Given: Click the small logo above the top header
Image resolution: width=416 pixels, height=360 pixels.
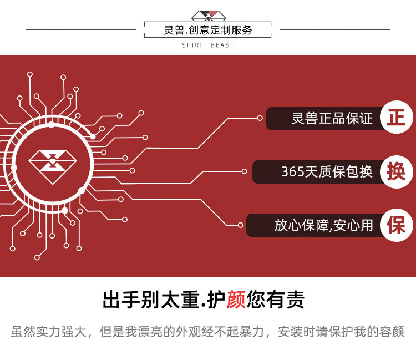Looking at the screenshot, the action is coord(208,16).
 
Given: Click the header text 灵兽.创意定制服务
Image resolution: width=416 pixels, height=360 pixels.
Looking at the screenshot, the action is coord(208,30).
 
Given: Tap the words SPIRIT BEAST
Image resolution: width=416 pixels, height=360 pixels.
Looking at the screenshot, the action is coord(208,45).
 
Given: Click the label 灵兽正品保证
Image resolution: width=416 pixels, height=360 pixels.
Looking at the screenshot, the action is coord(332,119).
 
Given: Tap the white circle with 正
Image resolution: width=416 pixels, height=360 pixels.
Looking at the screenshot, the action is coord(396,118).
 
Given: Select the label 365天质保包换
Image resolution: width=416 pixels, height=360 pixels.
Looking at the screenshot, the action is coord(327,172).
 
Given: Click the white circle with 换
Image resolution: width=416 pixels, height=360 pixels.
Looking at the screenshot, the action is coord(396,171).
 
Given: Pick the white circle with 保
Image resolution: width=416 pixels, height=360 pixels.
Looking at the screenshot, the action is coord(396,225).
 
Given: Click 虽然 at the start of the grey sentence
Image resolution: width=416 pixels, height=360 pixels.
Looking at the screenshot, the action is coord(23,332).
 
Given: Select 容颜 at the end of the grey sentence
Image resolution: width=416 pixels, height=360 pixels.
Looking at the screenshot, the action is coord(392,332).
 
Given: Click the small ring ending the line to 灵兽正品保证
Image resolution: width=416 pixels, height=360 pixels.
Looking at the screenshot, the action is coord(260,118).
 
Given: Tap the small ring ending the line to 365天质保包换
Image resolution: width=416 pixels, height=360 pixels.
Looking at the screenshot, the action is coord(245,171).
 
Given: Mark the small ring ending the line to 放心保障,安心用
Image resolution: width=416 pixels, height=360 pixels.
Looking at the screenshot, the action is coord(240,225).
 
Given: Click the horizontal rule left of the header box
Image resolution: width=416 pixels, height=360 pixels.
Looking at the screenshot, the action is coord(80,29).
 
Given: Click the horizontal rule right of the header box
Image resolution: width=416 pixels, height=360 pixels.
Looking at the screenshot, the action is coord(336,29).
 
